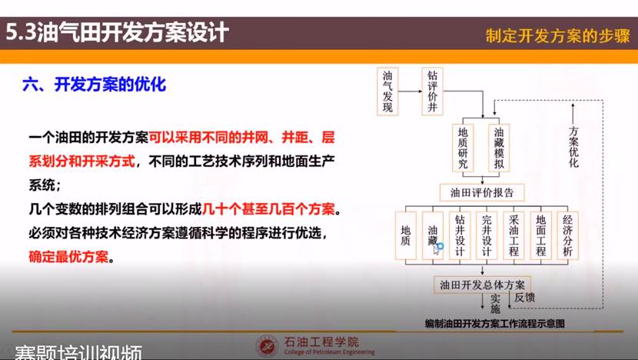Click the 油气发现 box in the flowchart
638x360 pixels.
tap(387, 92)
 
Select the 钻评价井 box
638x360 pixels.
tap(432, 92)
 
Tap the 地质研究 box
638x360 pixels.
tap(463, 148)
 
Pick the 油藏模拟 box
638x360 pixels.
tap(499, 148)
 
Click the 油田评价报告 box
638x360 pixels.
tap(482, 192)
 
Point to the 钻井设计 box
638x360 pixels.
tap(460, 236)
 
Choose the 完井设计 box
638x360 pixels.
tap(487, 236)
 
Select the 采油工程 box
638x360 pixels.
tap(513, 236)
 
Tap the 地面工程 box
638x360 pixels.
tap(540, 236)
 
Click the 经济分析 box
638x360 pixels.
tap(567, 236)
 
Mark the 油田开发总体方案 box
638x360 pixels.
tap(482, 285)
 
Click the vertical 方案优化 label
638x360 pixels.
tap(573, 147)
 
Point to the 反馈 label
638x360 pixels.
tap(524, 298)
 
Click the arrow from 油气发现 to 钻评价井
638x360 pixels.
tap(410, 92)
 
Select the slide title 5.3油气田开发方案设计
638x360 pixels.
tap(117, 32)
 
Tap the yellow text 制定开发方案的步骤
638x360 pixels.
tap(558, 36)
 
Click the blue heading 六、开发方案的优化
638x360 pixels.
tap(95, 85)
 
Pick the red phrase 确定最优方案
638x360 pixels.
tap(68, 257)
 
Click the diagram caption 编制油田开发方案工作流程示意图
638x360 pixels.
tap(495, 324)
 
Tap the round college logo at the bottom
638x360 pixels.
tap(267, 345)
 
